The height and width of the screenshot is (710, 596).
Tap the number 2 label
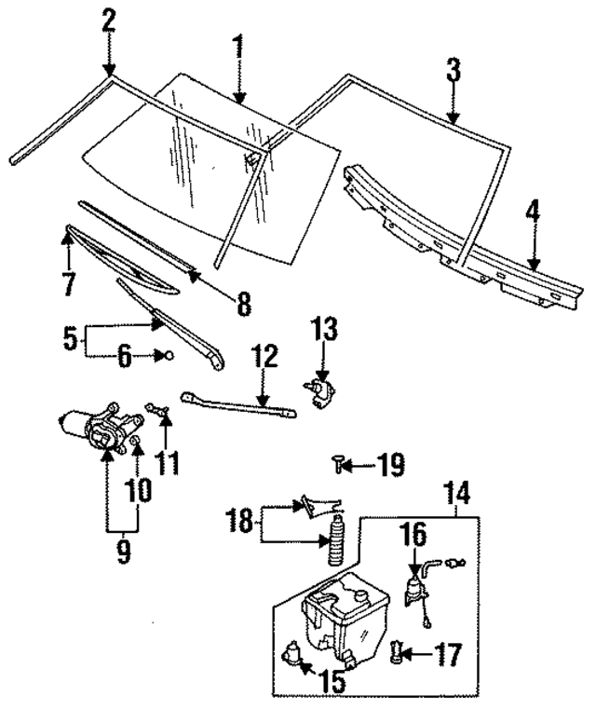[x=109, y=20]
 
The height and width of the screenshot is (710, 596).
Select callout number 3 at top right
[x=453, y=71]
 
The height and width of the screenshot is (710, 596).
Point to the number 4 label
[x=533, y=213]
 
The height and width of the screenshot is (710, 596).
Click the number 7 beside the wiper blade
[x=68, y=282]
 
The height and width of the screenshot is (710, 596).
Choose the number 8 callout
[x=243, y=303]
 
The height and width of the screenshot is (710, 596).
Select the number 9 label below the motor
[x=123, y=553]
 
